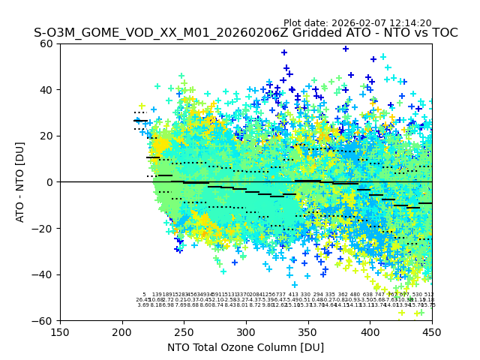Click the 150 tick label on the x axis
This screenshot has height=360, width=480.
point(60,332)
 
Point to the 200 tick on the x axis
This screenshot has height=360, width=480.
point(122,332)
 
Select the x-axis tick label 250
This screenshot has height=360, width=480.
point(184,332)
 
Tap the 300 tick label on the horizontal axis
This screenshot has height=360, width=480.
point(246,332)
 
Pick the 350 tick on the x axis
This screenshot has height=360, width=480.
point(308,332)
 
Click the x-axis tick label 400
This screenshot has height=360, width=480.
point(370,332)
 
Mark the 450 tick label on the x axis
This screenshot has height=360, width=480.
point(432,332)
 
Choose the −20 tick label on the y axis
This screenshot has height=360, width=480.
point(44,228)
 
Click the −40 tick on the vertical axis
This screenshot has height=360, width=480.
point(44,274)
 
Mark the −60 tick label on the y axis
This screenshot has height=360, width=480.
point(44,320)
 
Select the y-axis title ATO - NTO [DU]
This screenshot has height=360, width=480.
point(20,181)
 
